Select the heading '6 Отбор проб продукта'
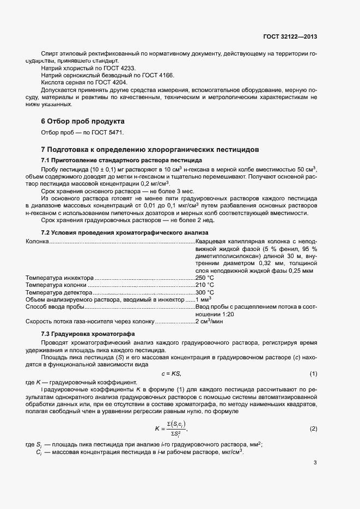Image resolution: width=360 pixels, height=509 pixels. pyautogui.click(x=83, y=121)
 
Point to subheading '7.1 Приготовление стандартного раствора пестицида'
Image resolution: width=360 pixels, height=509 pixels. pyautogui.click(x=121, y=160)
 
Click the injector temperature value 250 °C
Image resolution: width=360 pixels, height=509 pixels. pyautogui.click(x=205, y=278)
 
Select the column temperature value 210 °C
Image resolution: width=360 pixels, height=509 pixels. pyautogui.click(x=205, y=285)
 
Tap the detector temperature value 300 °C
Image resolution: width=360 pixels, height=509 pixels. pyautogui.click(x=205, y=292)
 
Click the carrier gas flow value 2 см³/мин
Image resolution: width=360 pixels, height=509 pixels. pyautogui.click(x=209, y=322)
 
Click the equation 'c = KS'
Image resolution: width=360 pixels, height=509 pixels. pyautogui.click(x=171, y=374)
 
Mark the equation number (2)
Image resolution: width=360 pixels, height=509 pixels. pyautogui.click(x=313, y=429)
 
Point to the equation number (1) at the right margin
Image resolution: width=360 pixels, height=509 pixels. pyautogui.click(x=313, y=374)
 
